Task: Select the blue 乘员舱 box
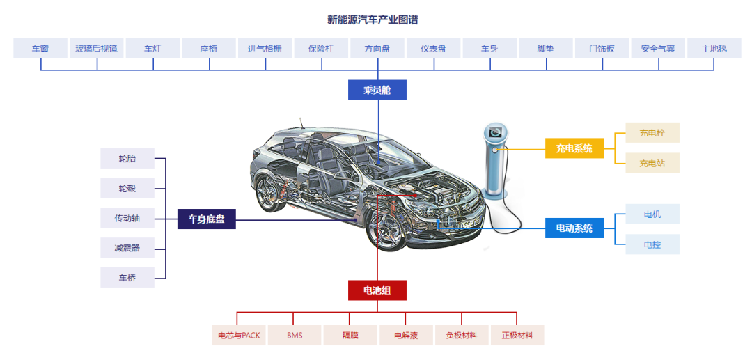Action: tap(377, 90)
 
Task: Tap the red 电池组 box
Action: tap(377, 290)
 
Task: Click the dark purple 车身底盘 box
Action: tap(206, 219)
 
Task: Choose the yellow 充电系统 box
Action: tap(574, 148)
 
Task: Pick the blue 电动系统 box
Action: tap(574, 228)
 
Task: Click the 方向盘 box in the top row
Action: tap(377, 49)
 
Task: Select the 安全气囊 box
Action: tap(658, 49)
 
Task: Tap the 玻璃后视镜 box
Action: tap(97, 49)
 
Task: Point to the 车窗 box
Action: tap(40, 49)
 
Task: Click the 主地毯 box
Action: tap(714, 49)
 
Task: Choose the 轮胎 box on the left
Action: tap(127, 159)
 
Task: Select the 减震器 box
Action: tap(127, 248)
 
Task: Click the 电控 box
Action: tap(652, 244)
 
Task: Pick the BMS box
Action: tap(295, 336)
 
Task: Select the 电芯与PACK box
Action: tap(239, 336)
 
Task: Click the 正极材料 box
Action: tap(517, 336)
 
